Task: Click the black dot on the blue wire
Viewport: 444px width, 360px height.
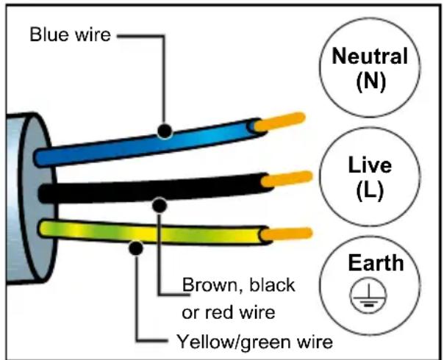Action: (x=165, y=132)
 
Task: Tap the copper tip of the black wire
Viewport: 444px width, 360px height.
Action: (x=286, y=178)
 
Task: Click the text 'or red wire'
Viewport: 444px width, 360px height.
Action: (x=227, y=312)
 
